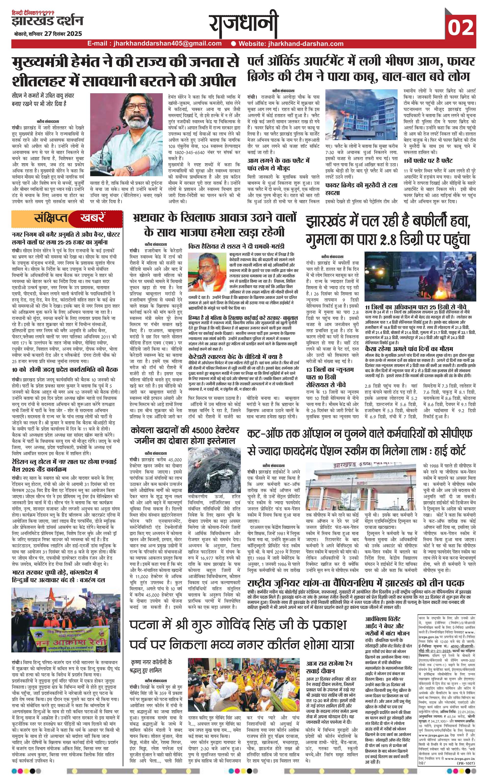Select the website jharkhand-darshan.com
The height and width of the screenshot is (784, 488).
pyautogui.click(x=291, y=44)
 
